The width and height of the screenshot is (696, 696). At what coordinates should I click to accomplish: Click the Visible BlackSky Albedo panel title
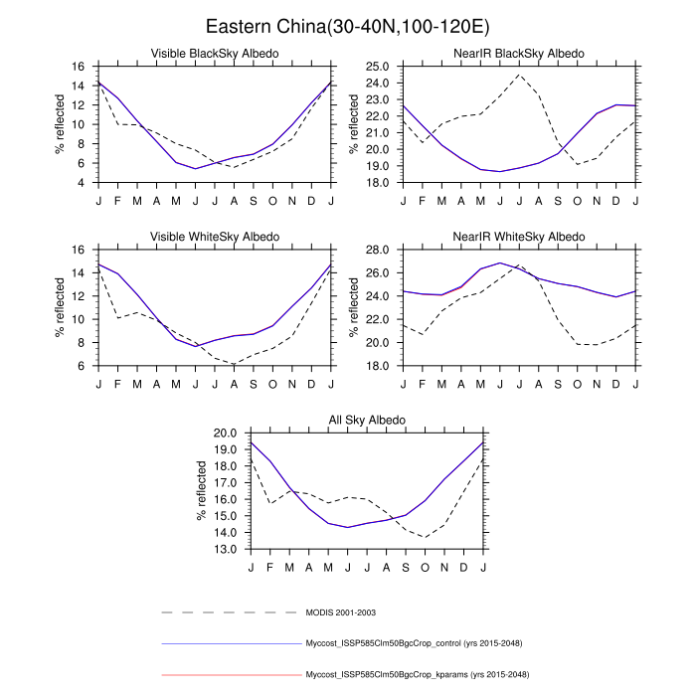click(x=214, y=53)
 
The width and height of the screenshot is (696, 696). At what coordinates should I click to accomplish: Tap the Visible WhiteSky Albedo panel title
click(x=214, y=237)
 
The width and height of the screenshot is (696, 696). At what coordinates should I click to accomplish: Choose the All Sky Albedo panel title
click(x=367, y=421)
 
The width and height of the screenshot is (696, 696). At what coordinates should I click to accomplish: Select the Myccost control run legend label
click(x=418, y=644)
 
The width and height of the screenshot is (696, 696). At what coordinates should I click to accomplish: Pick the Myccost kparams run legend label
click(x=418, y=676)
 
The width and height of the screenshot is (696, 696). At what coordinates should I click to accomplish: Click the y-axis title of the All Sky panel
click(x=202, y=491)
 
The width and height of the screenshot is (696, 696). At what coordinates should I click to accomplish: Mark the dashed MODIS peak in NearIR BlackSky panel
click(x=519, y=75)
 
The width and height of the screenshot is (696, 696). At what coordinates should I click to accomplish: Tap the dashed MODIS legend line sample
click(x=229, y=612)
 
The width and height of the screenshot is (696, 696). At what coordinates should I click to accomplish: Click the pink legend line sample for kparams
click(x=229, y=676)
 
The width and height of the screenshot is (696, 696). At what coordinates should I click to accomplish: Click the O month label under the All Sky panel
click(x=426, y=566)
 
